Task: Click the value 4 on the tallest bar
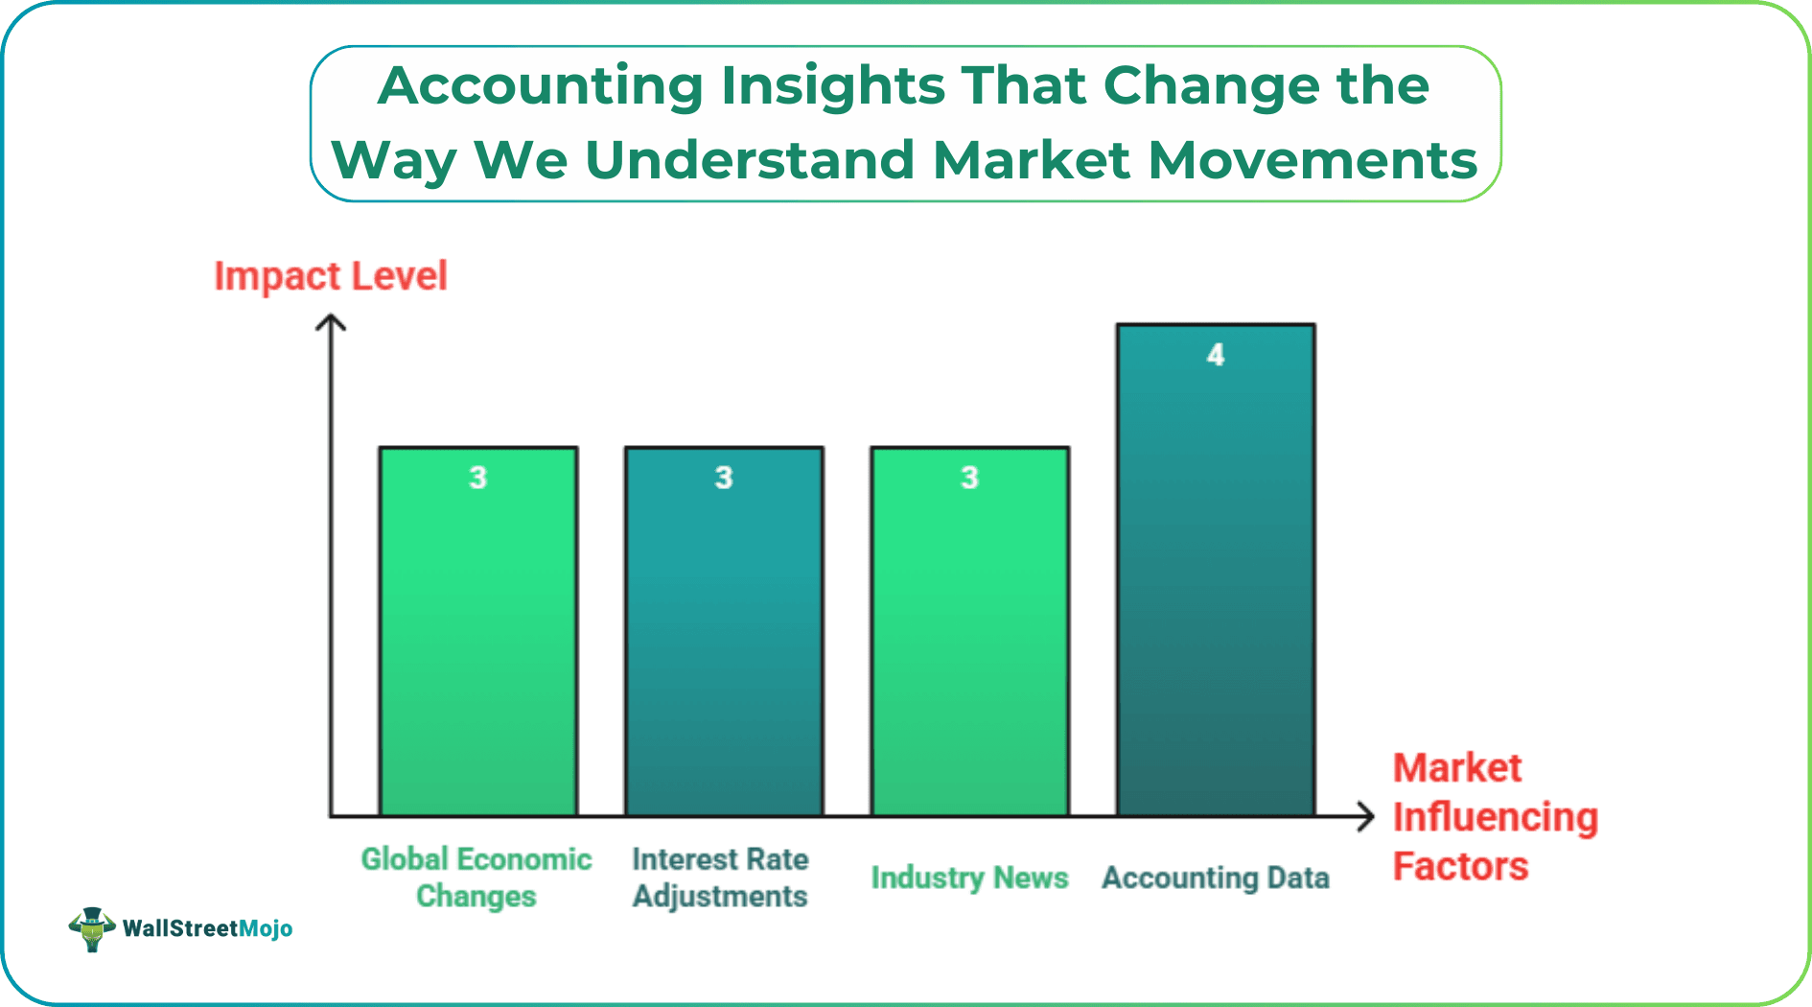coord(1216,355)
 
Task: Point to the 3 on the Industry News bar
coord(969,478)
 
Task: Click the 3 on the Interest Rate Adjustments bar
coord(724,478)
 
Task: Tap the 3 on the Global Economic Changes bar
coord(477,478)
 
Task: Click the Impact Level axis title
coord(330,276)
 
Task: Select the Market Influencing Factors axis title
coord(1494,817)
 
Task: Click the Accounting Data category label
coord(1215,878)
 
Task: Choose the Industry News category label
coord(969,878)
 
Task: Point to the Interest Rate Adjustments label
coord(720,878)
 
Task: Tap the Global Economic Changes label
coord(476,878)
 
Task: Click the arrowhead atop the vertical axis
coord(331,322)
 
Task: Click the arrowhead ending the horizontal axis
coord(1367,817)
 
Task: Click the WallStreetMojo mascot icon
coord(92,928)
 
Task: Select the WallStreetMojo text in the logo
coord(208,928)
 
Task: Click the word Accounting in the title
coord(541,86)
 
